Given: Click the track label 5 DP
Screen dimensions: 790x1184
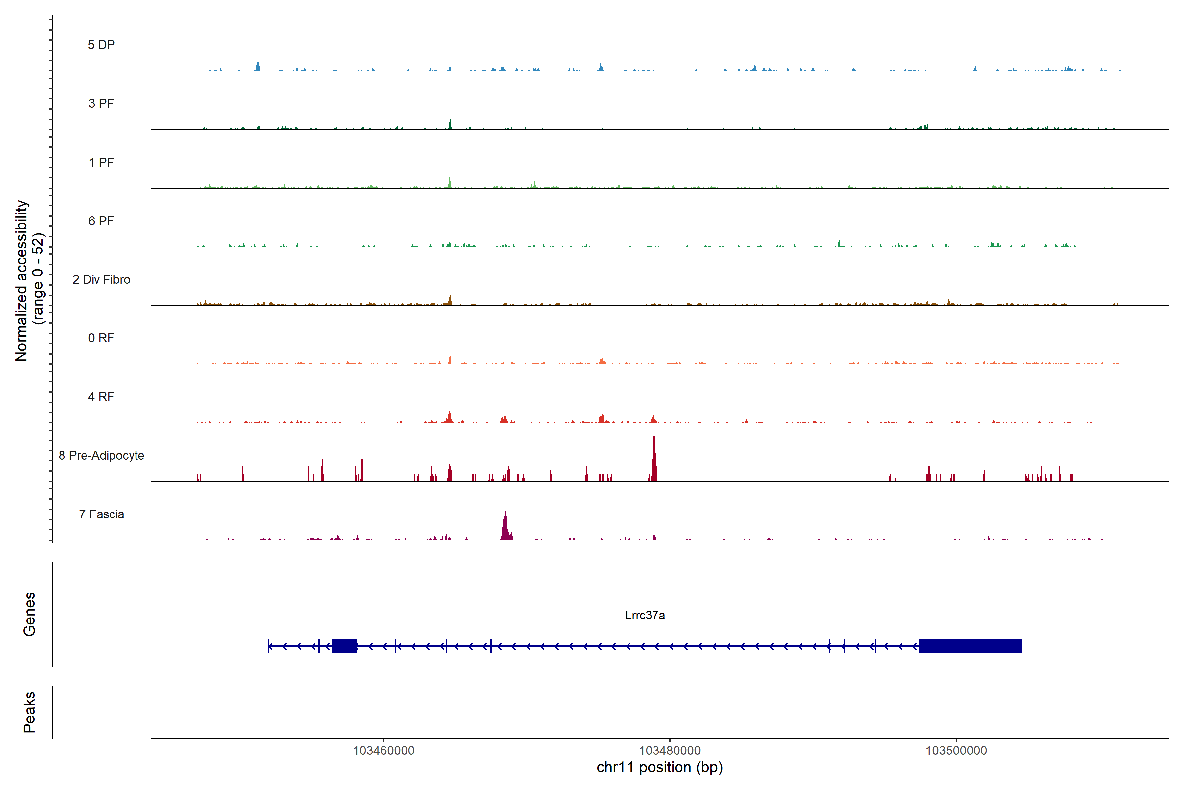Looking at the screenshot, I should click(101, 45).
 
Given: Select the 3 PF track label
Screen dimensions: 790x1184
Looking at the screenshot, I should click(101, 103).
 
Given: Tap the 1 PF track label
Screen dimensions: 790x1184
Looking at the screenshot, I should click(101, 162).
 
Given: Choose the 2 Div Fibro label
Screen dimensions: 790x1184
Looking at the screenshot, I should click(101, 279).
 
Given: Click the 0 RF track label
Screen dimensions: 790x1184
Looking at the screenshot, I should click(101, 338).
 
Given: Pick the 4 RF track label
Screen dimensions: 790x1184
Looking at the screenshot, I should click(101, 397).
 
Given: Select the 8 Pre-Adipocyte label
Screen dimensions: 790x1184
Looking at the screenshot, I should click(101, 456).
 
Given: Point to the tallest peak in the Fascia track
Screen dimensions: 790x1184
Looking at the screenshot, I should click(506, 524).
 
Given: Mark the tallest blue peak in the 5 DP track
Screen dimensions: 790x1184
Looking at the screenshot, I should click(258, 66).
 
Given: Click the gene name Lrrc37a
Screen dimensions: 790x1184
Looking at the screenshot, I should click(645, 615).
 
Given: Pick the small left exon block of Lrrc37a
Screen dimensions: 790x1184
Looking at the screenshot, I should click(344, 646).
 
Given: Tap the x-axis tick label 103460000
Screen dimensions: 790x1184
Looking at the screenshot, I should click(383, 751).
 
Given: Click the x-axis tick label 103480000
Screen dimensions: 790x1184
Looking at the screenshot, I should click(670, 751).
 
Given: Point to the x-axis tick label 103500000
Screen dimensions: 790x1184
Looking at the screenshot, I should click(956, 751).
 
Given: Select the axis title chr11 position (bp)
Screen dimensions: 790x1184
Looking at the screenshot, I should click(659, 767).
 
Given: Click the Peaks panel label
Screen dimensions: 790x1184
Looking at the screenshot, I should click(29, 712).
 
